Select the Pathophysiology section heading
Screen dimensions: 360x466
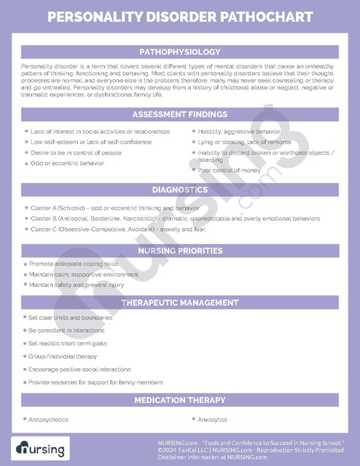(180, 51)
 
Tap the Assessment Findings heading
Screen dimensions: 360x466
(180, 114)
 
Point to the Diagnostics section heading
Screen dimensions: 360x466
(180, 190)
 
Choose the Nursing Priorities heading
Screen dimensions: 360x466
(180, 251)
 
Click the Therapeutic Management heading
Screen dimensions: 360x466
(180, 302)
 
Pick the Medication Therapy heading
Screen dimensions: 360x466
(180, 400)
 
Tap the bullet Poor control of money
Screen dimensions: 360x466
(229, 170)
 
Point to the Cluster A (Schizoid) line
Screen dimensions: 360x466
(114, 208)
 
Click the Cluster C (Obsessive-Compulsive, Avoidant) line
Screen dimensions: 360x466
(117, 229)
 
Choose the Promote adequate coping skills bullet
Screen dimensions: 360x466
(70, 265)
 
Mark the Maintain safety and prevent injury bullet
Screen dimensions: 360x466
(76, 285)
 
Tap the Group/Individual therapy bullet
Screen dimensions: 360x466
(64, 356)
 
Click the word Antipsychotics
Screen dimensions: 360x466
(48, 419)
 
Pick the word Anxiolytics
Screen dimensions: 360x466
(212, 419)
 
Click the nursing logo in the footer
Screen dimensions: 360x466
(40, 449)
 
